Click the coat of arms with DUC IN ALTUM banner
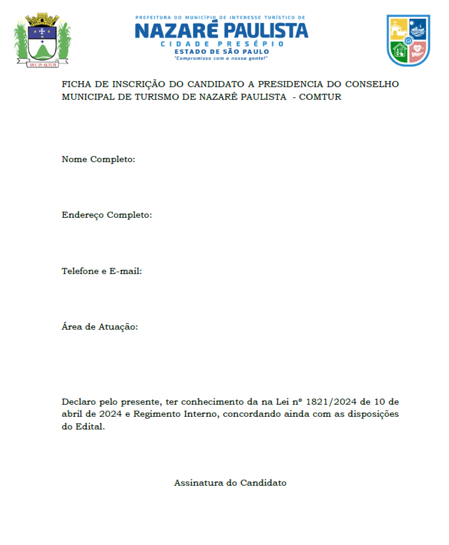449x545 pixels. [42, 41]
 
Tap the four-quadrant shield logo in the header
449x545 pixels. [408, 40]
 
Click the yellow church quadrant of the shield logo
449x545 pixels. [399, 30]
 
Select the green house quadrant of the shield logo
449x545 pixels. [400, 52]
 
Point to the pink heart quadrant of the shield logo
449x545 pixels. [418, 52]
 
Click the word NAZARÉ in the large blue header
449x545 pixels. [176, 31]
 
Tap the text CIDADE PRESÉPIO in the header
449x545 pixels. [222, 44]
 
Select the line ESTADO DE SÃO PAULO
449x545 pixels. [221, 52]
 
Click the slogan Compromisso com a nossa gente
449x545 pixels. [221, 58]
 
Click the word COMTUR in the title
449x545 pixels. [320, 97]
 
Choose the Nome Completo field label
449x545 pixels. [98, 159]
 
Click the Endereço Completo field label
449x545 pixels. [107, 215]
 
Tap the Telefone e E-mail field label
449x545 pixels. [102, 271]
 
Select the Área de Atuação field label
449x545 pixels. [100, 327]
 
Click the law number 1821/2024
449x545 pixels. [331, 402]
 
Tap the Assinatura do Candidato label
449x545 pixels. [230, 483]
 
